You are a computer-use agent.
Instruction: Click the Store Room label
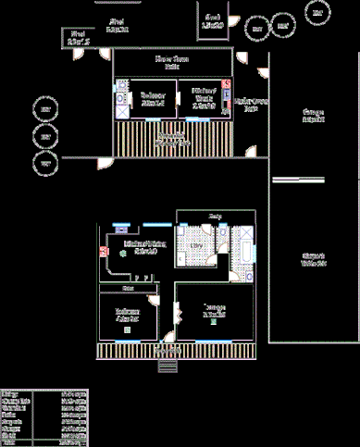(171, 61)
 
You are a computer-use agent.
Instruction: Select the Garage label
(314, 116)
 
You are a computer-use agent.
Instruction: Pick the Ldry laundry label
(196, 247)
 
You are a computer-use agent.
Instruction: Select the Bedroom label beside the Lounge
(128, 315)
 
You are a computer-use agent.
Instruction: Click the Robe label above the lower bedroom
(128, 289)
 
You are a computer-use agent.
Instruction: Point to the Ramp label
(215, 217)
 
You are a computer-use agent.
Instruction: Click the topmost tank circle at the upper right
(317, 14)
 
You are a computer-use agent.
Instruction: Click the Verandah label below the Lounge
(168, 351)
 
